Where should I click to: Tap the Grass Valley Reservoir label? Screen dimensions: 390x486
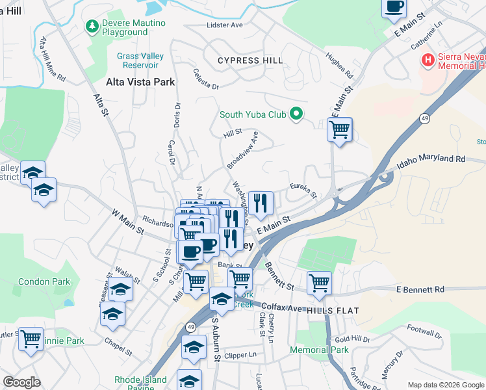click(x=140, y=60)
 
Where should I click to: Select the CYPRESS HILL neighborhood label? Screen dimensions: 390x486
click(x=251, y=60)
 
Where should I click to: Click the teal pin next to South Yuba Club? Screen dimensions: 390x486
click(x=297, y=114)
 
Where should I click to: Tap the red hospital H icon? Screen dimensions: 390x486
click(x=428, y=61)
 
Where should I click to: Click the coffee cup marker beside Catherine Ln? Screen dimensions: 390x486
click(x=394, y=8)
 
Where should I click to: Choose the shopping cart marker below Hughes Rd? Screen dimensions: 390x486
click(x=340, y=130)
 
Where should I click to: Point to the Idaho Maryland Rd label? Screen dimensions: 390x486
click(x=433, y=159)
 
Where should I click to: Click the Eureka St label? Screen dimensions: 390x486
click(x=303, y=190)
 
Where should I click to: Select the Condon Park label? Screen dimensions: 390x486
click(x=44, y=282)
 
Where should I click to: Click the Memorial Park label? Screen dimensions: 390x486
click(x=319, y=350)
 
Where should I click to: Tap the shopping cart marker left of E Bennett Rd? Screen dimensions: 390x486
click(x=319, y=283)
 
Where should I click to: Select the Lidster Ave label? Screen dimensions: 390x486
click(x=224, y=25)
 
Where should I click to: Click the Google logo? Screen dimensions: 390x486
click(x=21, y=382)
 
